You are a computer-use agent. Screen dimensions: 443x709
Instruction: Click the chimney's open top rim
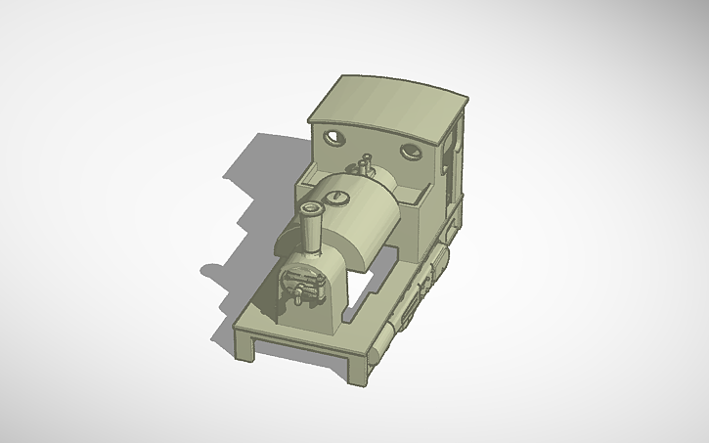pyautogui.click(x=313, y=209)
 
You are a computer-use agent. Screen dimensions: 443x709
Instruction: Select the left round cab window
pyautogui.click(x=335, y=137)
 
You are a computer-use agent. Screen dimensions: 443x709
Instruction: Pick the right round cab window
pyautogui.click(x=410, y=152)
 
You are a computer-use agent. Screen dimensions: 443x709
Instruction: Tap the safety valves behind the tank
pyautogui.click(x=367, y=164)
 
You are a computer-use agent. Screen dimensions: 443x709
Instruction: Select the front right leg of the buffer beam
pyautogui.click(x=361, y=369)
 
